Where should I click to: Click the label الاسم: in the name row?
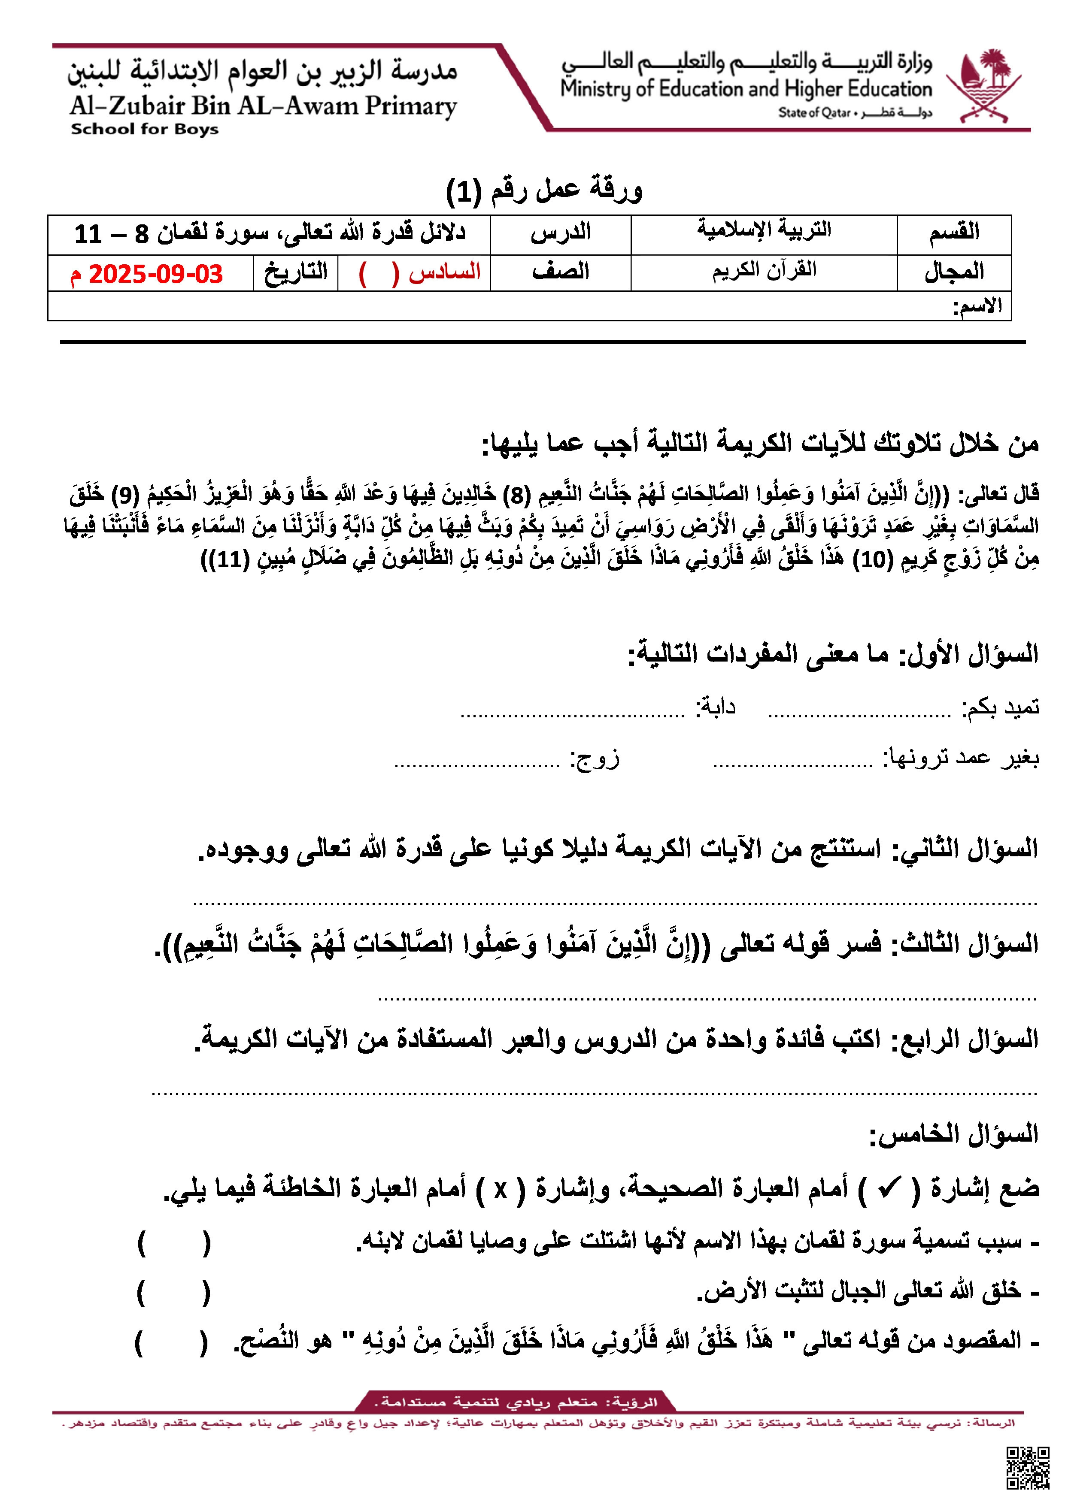click(x=977, y=307)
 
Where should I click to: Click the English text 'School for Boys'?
click(x=144, y=129)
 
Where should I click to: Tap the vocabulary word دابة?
click(x=716, y=707)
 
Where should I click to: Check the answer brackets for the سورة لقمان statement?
click(x=174, y=1242)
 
